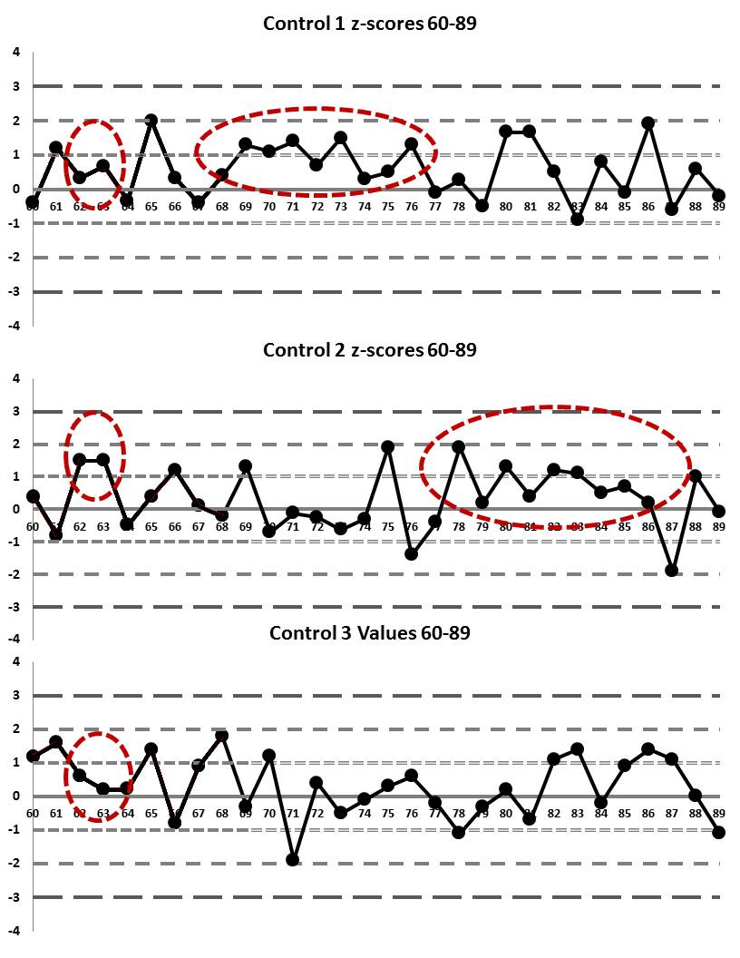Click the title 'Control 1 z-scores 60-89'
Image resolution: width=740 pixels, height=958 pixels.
(x=370, y=24)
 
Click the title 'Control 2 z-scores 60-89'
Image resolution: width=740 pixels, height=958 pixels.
(x=370, y=349)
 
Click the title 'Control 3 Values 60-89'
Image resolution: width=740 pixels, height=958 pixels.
(x=370, y=632)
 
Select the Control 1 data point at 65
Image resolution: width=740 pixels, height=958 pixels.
(x=151, y=120)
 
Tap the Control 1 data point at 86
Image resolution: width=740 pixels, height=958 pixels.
(x=648, y=122)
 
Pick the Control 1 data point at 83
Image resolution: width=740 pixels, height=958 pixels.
(x=577, y=219)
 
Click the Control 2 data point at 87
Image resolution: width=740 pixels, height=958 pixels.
(x=672, y=570)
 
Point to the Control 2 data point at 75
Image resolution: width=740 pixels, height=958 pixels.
(x=388, y=446)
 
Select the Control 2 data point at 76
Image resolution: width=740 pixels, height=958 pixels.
(x=412, y=553)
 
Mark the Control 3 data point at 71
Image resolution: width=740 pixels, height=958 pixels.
(x=293, y=859)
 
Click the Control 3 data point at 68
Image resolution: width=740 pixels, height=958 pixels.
(x=222, y=736)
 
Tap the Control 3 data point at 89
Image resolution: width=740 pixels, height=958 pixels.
(x=719, y=832)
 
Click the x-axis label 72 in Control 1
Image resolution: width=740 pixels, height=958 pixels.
(x=316, y=206)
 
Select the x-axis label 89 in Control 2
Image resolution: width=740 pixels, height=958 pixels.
(x=719, y=526)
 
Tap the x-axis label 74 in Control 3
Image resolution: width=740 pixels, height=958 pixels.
(x=364, y=813)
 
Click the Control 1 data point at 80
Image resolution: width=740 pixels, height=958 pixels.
(x=506, y=131)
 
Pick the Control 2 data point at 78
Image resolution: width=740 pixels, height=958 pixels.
(x=459, y=446)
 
